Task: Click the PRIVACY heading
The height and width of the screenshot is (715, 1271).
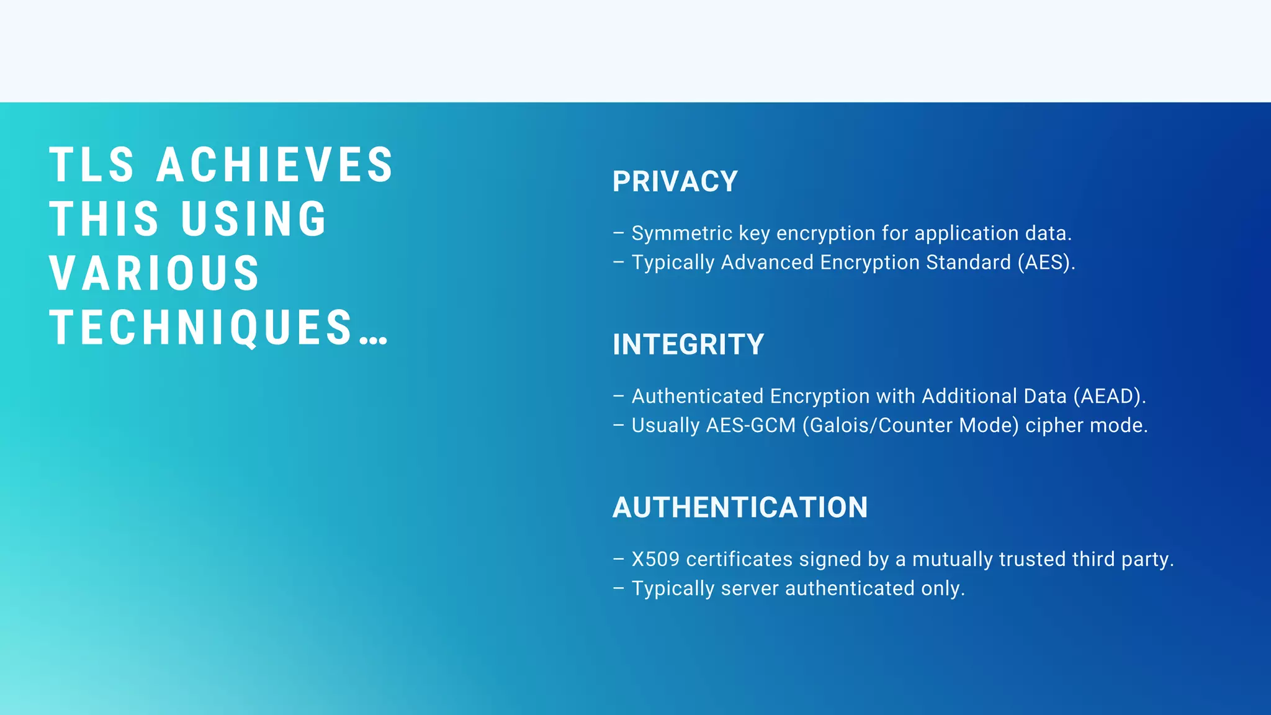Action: pyautogui.click(x=675, y=182)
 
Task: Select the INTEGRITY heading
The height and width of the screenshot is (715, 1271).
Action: pyautogui.click(x=688, y=345)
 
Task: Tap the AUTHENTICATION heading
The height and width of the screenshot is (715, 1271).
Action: pyautogui.click(x=740, y=508)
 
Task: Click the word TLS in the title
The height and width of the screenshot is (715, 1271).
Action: pyautogui.click(x=92, y=165)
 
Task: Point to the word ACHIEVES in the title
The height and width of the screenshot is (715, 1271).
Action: pyautogui.click(x=275, y=165)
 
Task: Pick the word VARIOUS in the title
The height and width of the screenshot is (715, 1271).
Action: pyautogui.click(x=155, y=274)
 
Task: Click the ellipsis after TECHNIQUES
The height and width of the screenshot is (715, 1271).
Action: pyautogui.click(x=374, y=338)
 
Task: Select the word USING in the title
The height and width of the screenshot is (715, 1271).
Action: pyautogui.click(x=254, y=219)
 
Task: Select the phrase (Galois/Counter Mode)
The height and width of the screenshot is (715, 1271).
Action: pyautogui.click(x=910, y=426)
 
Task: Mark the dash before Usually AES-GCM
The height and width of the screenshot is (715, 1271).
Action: pyautogui.click(x=618, y=425)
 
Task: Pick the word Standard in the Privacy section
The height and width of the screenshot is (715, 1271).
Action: pyautogui.click(x=968, y=263)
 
